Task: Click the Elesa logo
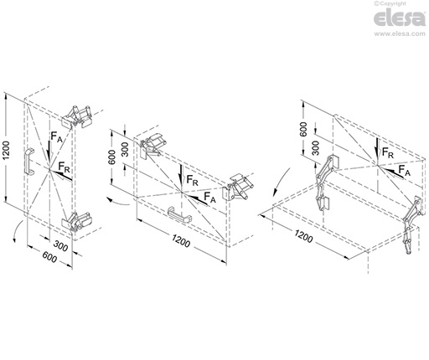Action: tap(400, 18)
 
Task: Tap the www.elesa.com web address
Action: tap(400, 33)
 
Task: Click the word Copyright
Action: tap(392, 4)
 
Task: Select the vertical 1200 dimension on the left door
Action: tap(7, 151)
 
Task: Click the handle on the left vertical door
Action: tap(28, 162)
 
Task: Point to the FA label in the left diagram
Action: tap(56, 137)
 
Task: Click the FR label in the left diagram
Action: tap(64, 167)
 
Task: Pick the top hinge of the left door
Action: tap(77, 117)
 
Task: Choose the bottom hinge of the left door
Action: tap(77, 222)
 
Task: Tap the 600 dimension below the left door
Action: tap(49, 257)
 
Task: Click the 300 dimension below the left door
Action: tap(60, 245)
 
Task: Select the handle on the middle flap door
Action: tap(179, 214)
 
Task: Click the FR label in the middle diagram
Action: tap(192, 180)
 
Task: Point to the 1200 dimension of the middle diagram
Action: tap(181, 241)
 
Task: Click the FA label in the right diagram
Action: tap(404, 170)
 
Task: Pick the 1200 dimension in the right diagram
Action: tap(303, 237)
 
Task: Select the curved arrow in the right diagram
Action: tap(280, 182)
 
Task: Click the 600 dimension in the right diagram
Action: tap(303, 129)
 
